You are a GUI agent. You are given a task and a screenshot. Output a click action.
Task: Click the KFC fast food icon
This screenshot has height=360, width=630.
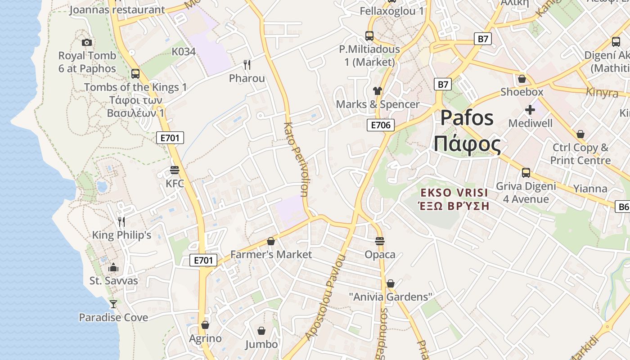pyautogui.click(x=175, y=170)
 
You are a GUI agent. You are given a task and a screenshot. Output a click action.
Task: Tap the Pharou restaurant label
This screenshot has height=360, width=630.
pyautogui.click(x=247, y=78)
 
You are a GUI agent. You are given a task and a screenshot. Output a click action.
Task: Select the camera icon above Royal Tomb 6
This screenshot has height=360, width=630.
pyautogui.click(x=87, y=42)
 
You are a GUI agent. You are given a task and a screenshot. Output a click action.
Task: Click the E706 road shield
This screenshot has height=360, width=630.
pyautogui.click(x=380, y=125)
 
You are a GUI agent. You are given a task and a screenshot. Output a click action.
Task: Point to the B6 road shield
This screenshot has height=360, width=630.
pyautogui.click(x=623, y=207)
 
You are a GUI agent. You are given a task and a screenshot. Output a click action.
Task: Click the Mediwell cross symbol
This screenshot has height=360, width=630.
pyautogui.click(x=530, y=109)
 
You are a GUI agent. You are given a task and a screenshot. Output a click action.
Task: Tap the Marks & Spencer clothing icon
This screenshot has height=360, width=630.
pyautogui.click(x=377, y=91)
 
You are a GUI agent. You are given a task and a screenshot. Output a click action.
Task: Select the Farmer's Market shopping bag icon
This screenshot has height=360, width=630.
pyautogui.click(x=271, y=241)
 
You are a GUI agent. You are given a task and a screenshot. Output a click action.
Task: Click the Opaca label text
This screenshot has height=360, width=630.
pyautogui.click(x=380, y=255)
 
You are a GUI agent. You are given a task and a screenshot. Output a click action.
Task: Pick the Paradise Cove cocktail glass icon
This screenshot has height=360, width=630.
pyautogui.click(x=113, y=304)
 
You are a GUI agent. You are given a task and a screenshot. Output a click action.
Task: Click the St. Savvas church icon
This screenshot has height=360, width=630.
pyautogui.click(x=113, y=267)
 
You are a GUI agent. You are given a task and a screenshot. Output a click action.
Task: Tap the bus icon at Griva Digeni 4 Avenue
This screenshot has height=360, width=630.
pyautogui.click(x=526, y=172)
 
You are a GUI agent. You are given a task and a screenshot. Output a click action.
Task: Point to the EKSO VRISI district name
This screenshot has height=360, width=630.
pyautogui.click(x=454, y=193)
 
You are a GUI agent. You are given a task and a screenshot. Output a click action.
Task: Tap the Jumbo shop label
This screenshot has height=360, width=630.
pyautogui.click(x=261, y=345)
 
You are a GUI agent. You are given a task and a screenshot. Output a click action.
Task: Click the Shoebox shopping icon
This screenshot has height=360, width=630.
pyautogui.click(x=522, y=79)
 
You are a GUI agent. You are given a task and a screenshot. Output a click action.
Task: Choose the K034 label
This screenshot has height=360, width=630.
pyautogui.click(x=184, y=52)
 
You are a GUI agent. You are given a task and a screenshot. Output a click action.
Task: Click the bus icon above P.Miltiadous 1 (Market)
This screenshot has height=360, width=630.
pyautogui.click(x=369, y=36)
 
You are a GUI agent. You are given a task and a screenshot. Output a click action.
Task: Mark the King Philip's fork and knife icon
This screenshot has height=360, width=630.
pyautogui.click(x=121, y=221)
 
